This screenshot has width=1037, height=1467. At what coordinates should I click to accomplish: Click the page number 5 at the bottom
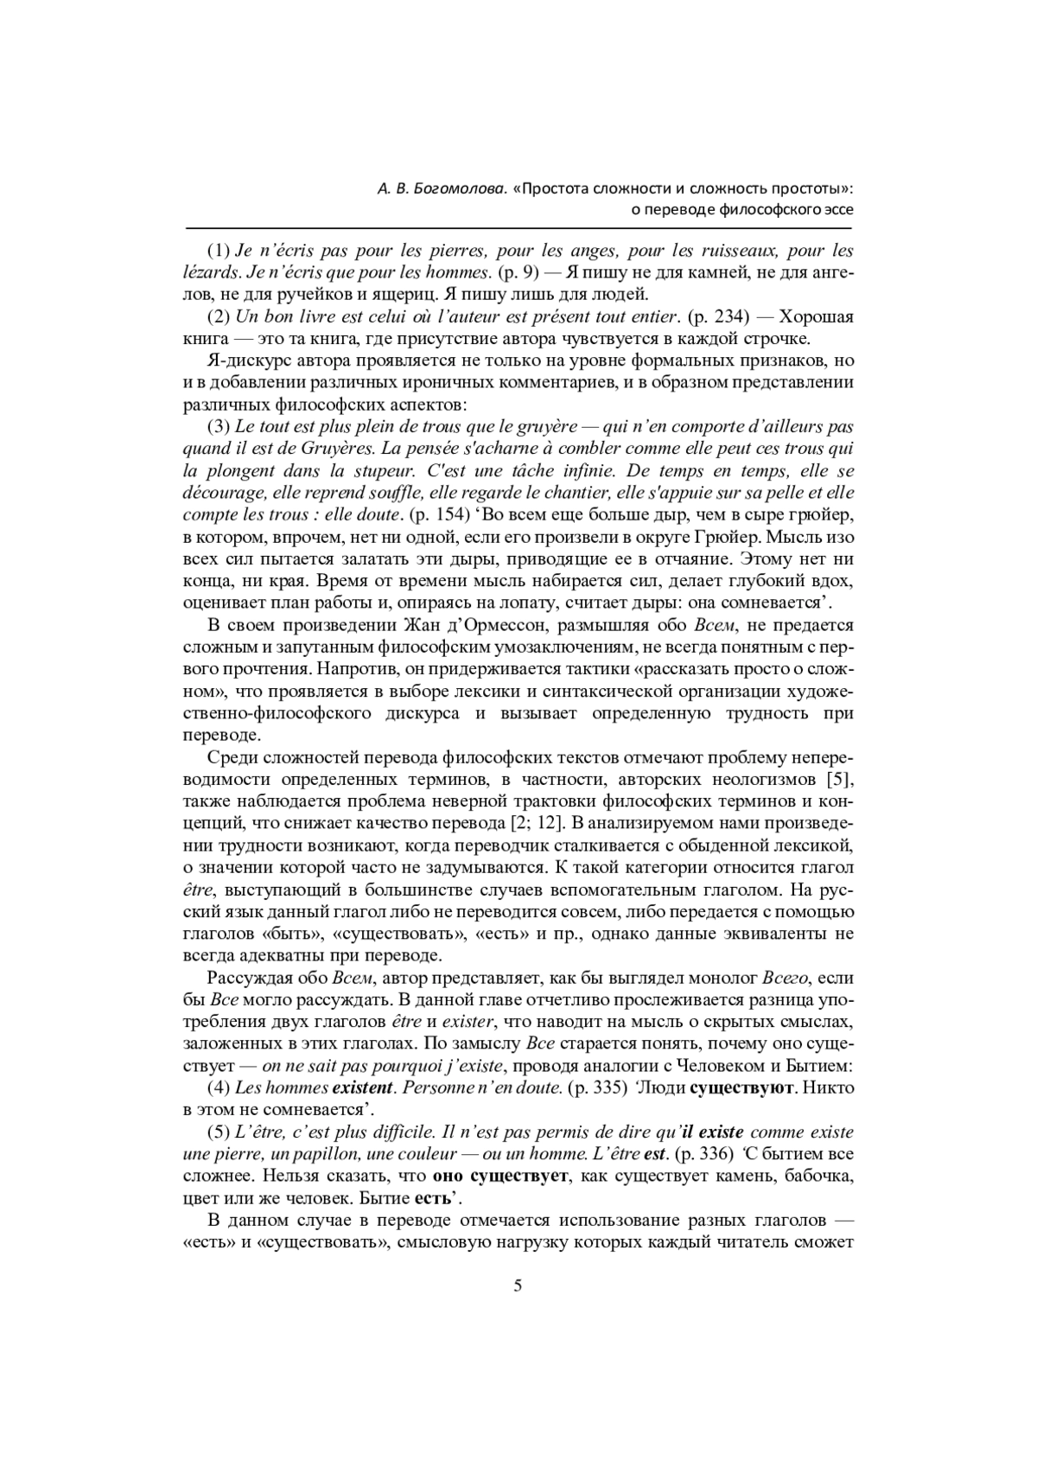point(518,1285)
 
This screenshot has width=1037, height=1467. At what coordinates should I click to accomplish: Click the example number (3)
point(219,426)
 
